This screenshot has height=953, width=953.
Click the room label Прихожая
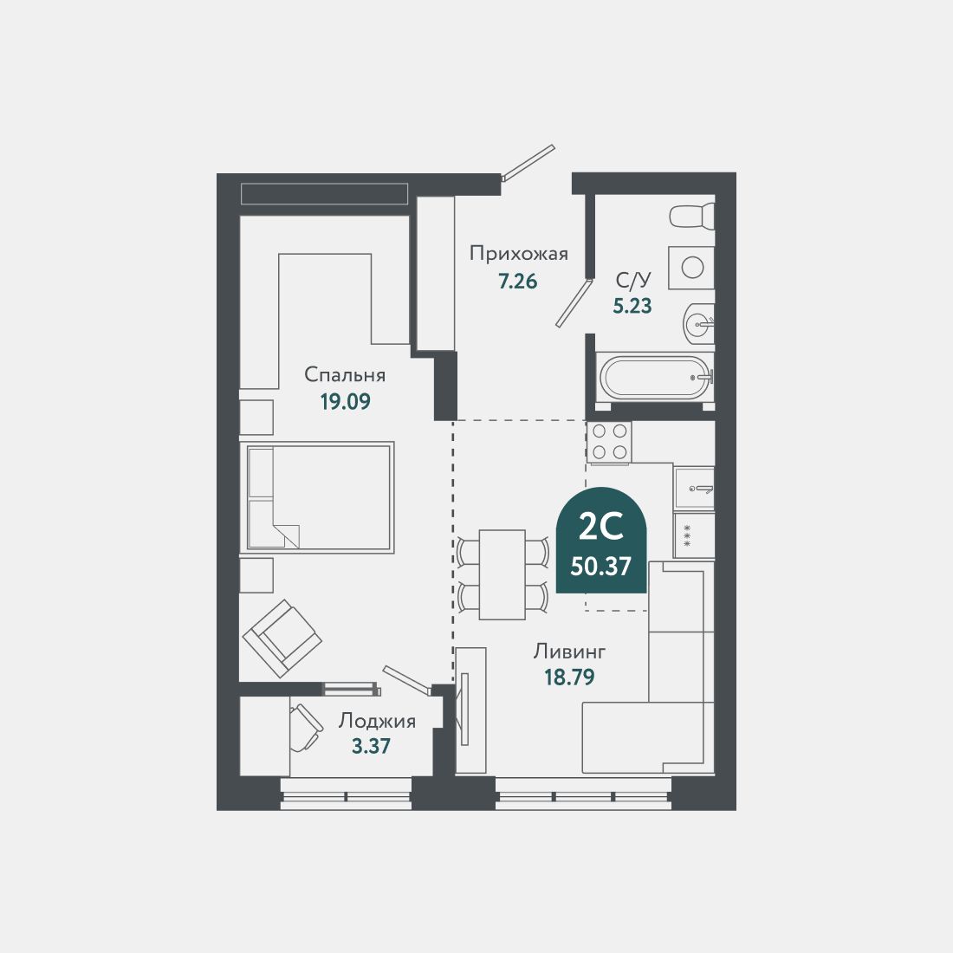(x=518, y=253)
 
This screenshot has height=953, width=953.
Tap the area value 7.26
(x=517, y=281)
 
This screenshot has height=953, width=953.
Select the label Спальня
(x=344, y=374)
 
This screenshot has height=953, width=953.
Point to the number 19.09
(x=345, y=402)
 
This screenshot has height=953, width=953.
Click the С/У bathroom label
(x=632, y=279)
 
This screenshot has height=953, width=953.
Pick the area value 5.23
(x=632, y=306)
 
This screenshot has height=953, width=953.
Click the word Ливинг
(x=569, y=651)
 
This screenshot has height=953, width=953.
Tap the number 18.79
(x=569, y=677)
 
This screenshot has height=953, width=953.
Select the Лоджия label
(x=377, y=720)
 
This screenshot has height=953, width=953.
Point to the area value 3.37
(x=371, y=746)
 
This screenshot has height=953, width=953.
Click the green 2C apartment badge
(x=601, y=542)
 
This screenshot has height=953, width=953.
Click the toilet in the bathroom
(x=692, y=216)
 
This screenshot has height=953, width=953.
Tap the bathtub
(x=656, y=378)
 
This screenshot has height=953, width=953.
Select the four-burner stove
(x=609, y=442)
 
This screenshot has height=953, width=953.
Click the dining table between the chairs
(x=502, y=574)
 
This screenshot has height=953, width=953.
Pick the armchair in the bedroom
(x=282, y=638)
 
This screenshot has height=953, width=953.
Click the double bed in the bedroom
(x=318, y=497)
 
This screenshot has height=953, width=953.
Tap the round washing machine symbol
(x=691, y=267)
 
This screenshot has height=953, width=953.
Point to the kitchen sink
(x=694, y=489)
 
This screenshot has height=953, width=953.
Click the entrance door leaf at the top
(x=528, y=162)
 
